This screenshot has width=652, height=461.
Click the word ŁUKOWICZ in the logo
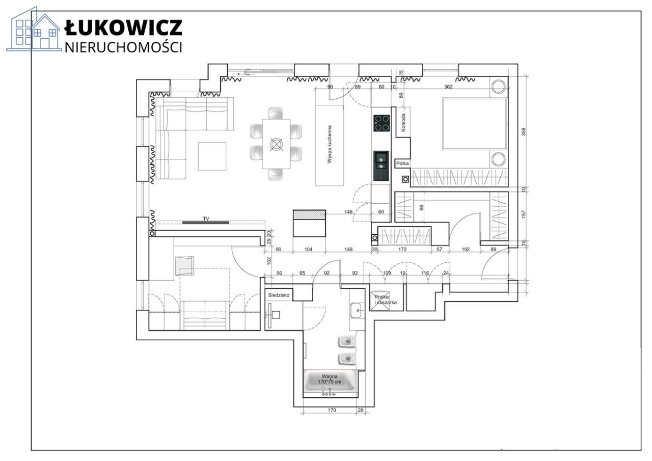click(123, 28)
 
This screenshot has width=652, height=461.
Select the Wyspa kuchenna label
click(330, 144)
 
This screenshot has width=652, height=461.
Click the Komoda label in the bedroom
click(403, 123)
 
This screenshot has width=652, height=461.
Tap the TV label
click(206, 219)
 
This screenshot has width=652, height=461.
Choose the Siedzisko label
click(279, 295)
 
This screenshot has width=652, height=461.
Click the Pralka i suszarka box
click(385, 300)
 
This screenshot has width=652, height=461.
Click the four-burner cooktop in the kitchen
click(380, 123)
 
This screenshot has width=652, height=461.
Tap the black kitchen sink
click(380, 165)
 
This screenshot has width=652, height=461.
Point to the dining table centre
click(277, 144)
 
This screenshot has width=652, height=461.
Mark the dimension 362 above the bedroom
click(448, 87)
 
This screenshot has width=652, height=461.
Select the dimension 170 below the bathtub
click(332, 410)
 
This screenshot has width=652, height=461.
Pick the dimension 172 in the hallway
click(402, 250)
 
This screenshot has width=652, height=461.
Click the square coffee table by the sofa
click(212, 156)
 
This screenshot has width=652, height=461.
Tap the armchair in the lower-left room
click(184, 265)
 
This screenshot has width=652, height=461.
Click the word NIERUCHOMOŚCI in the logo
click(123, 47)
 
